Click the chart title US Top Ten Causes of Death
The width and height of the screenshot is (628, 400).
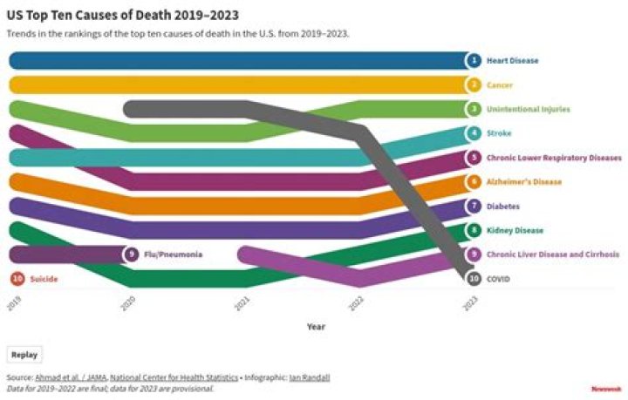tap(122, 16)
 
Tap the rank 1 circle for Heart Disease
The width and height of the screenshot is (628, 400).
tap(473, 61)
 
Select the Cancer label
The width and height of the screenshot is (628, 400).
tap(499, 85)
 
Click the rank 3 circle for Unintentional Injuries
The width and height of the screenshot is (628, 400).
tap(473, 110)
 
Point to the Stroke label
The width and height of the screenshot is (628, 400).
tap(498, 133)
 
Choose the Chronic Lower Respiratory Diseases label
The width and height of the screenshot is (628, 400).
tap(553, 158)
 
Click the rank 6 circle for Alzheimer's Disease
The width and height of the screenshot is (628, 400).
tap(473, 182)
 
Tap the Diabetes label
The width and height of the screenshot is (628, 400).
tap(502, 207)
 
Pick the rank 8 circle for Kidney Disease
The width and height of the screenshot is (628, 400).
tap(473, 231)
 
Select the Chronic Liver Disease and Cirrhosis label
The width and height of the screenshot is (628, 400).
tap(552, 254)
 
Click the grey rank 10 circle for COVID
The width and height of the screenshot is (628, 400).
tap(473, 279)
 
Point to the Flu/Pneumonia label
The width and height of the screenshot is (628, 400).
tap(173, 254)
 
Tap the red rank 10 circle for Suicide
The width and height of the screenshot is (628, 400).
tap(17, 279)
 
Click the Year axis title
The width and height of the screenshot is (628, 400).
tap(315, 327)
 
